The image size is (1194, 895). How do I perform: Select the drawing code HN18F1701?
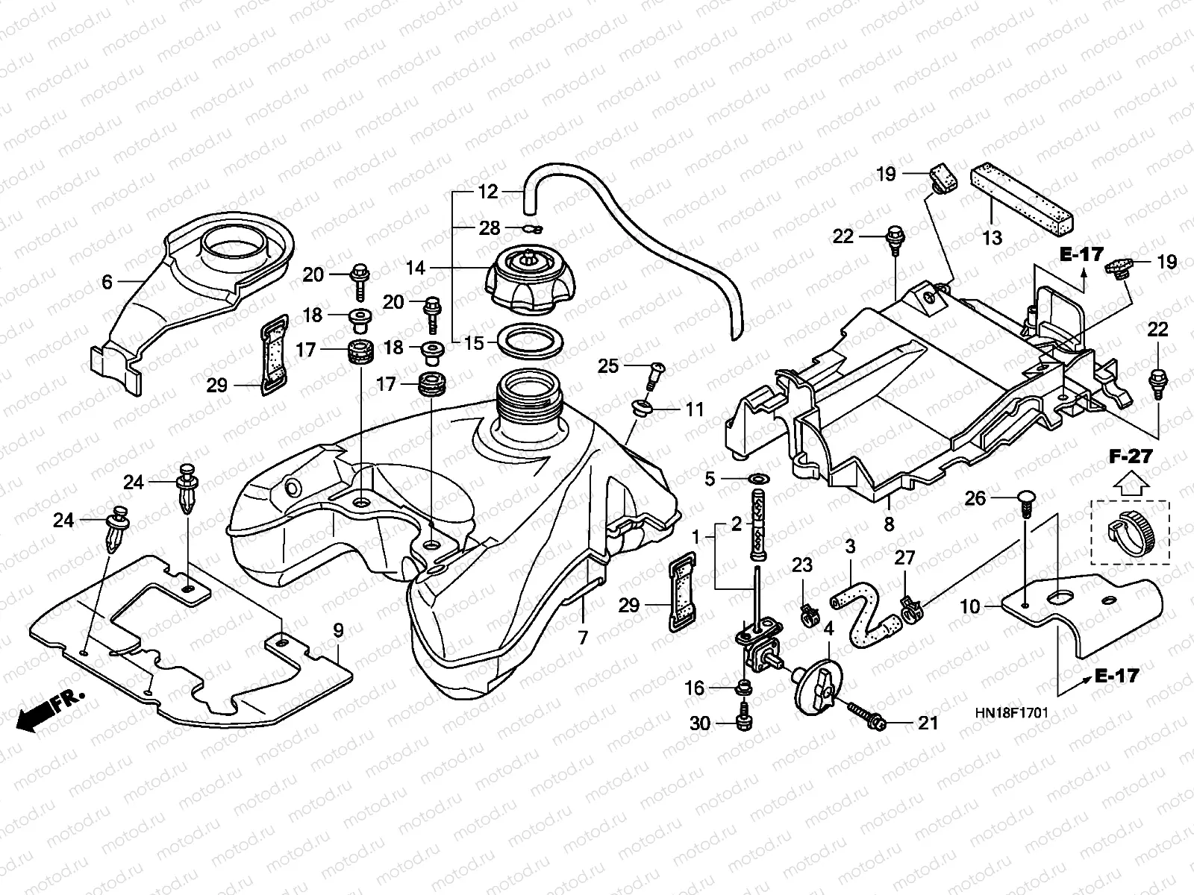tap(1010, 713)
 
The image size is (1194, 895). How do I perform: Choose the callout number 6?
tap(107, 281)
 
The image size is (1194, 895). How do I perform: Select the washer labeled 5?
tap(758, 478)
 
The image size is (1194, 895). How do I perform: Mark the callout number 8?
tap(889, 524)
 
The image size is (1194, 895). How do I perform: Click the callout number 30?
tap(700, 723)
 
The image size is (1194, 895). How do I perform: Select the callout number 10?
tap(970, 607)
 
